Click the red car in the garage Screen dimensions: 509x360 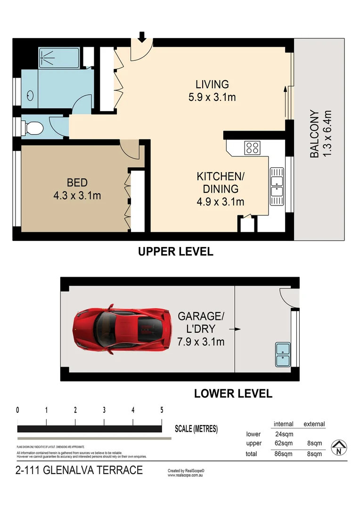[122, 328]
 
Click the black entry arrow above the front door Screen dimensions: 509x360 [142, 36]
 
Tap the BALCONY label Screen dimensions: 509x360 [314, 134]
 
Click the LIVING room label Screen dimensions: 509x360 [212, 84]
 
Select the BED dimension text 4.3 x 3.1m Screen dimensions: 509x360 [77, 195]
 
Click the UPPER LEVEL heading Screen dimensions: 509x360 [175, 252]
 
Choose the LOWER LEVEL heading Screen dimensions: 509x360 [233, 393]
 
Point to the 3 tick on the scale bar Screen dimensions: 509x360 [104, 410]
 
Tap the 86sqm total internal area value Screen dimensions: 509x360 [283, 454]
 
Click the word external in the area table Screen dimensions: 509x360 [314, 424]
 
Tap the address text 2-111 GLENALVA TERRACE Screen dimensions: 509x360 [79, 470]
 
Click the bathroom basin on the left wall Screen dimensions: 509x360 [30, 96]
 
